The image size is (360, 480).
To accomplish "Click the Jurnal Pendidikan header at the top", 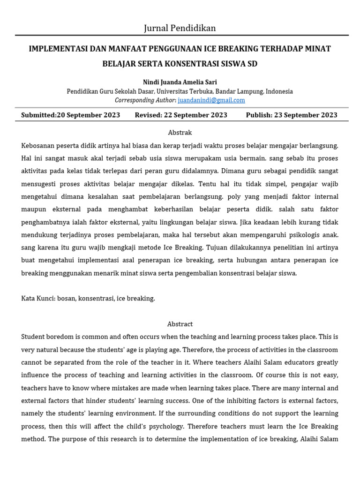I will tap(180, 28).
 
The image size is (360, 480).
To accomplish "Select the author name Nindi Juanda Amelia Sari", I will tap(180, 82).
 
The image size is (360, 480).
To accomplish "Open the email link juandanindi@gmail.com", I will tap(211, 100).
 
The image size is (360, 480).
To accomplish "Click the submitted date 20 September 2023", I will tap(88, 115).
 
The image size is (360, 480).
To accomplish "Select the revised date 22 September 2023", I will tap(195, 115).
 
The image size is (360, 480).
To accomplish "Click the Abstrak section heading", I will tap(180, 133).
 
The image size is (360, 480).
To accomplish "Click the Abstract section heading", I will tap(180, 324).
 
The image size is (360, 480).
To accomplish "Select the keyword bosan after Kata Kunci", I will tap(67, 298).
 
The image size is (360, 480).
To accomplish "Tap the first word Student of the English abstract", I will tap(32, 337).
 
